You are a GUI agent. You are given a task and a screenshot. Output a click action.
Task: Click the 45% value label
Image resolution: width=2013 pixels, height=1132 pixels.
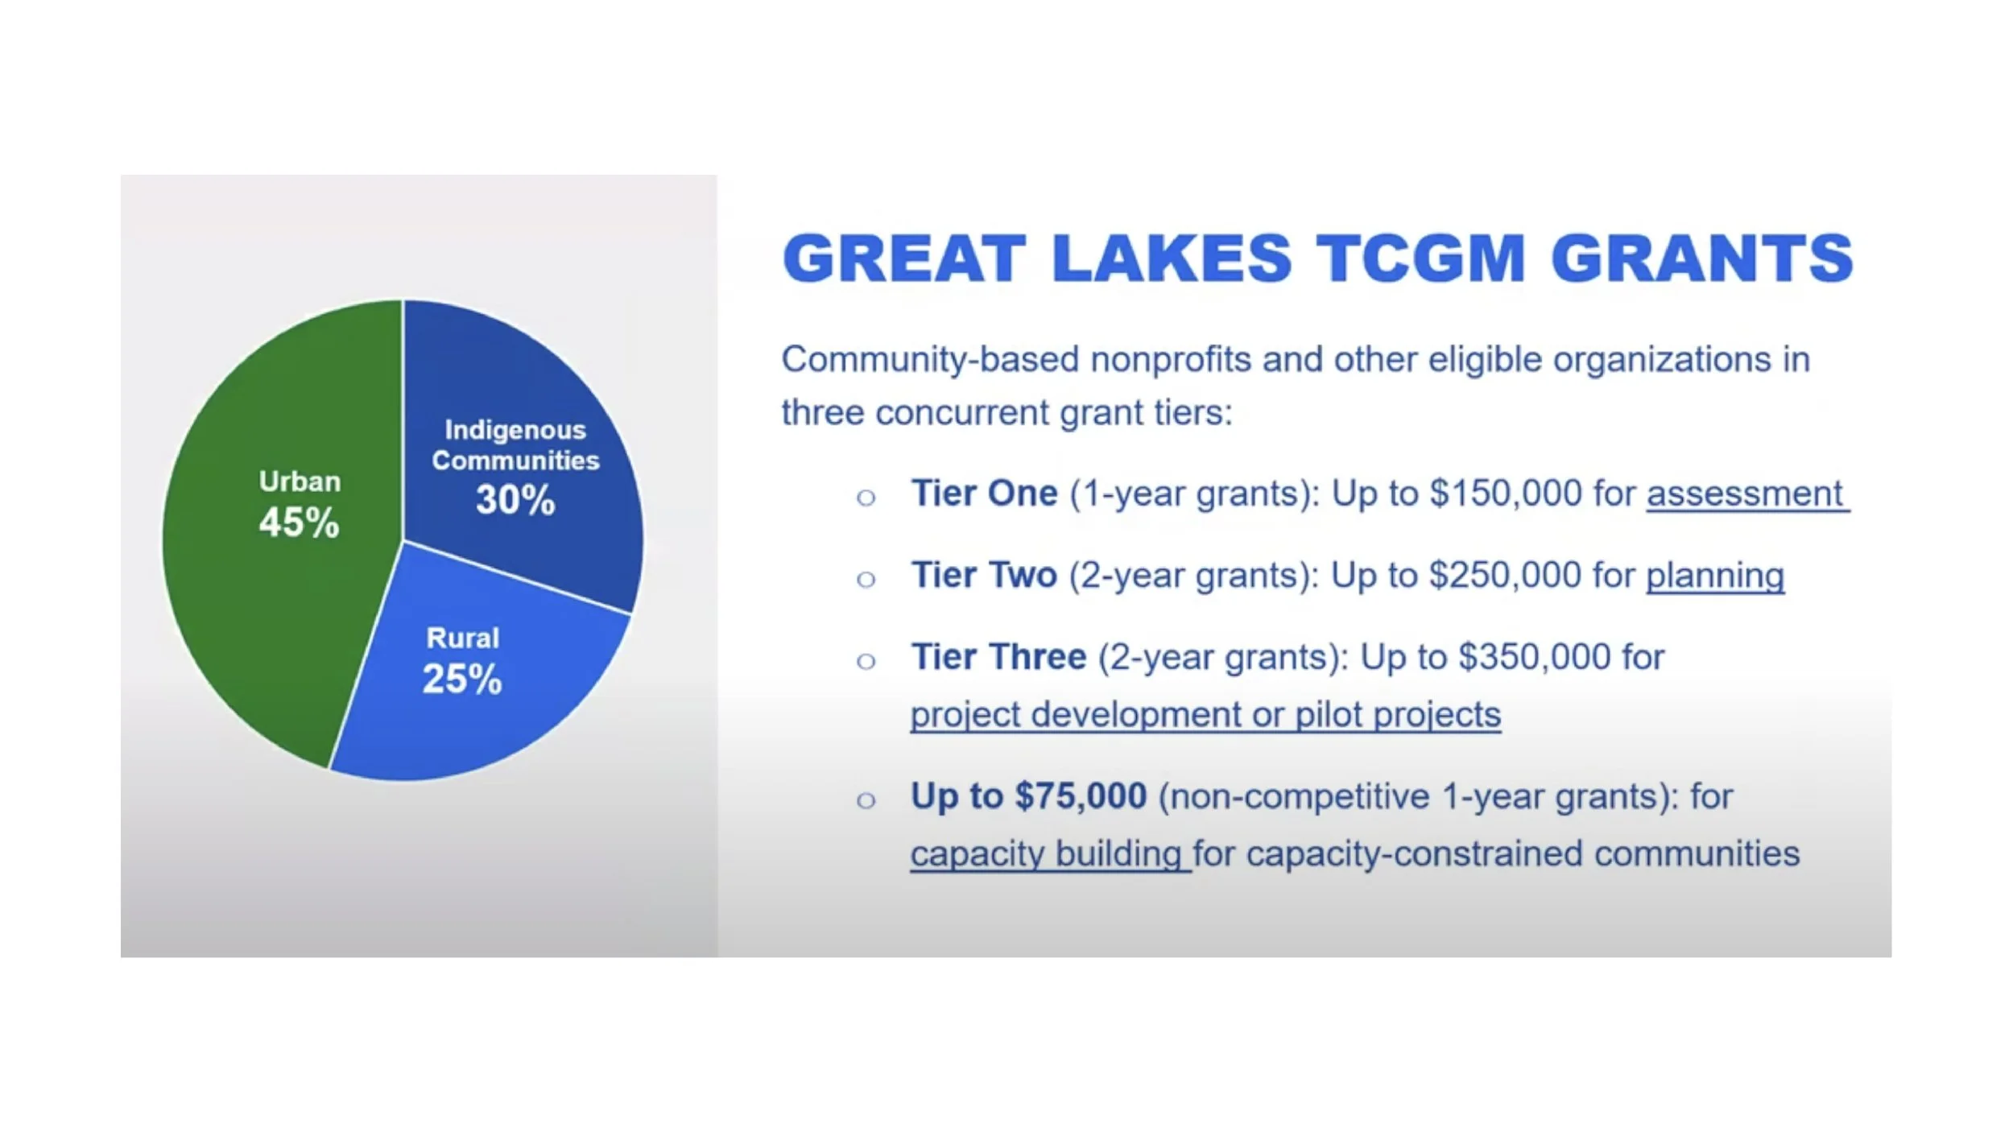(x=299, y=523)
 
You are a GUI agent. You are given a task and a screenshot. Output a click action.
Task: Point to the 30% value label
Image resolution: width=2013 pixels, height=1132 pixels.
(x=515, y=499)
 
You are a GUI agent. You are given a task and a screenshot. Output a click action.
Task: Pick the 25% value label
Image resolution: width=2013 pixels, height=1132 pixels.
(x=462, y=679)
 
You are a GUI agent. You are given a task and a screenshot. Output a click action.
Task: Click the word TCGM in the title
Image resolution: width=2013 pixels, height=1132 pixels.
(x=1421, y=258)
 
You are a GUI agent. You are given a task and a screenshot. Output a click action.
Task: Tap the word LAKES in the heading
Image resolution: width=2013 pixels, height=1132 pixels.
(x=1172, y=258)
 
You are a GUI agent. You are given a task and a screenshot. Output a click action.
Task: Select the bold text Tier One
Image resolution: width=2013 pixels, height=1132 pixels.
(x=984, y=493)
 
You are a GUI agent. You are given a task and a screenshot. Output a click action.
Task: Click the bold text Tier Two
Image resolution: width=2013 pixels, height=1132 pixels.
(x=984, y=575)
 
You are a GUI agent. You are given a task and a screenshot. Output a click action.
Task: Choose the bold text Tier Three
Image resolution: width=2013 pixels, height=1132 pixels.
(x=998, y=657)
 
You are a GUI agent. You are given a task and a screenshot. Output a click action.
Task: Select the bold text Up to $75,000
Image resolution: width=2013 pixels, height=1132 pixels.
(x=1028, y=796)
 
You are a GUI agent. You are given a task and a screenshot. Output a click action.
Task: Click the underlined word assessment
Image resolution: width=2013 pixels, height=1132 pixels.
(x=1745, y=494)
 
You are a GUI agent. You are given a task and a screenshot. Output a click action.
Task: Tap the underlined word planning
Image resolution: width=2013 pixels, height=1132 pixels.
(x=1715, y=576)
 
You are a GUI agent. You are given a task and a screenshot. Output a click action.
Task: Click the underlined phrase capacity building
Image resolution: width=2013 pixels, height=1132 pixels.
(x=1046, y=854)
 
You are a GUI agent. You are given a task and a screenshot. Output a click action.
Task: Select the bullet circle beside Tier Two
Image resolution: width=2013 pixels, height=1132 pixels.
(x=866, y=579)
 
